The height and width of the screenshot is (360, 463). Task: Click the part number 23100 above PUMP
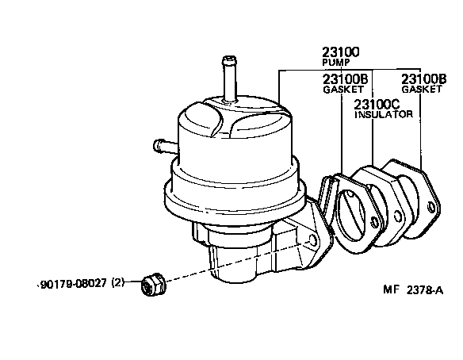[x=341, y=52]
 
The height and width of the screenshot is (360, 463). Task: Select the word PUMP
[x=335, y=62]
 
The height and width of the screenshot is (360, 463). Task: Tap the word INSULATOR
[x=383, y=114]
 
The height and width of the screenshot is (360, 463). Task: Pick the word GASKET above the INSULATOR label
[x=341, y=89]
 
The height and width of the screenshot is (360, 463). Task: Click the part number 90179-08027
[x=72, y=282]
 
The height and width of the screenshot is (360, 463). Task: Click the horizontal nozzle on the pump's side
[x=162, y=145]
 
